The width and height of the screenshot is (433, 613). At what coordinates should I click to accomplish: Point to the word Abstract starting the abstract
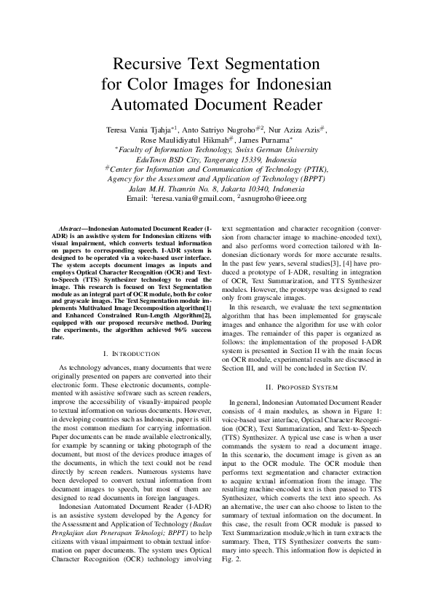(x=73, y=226)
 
